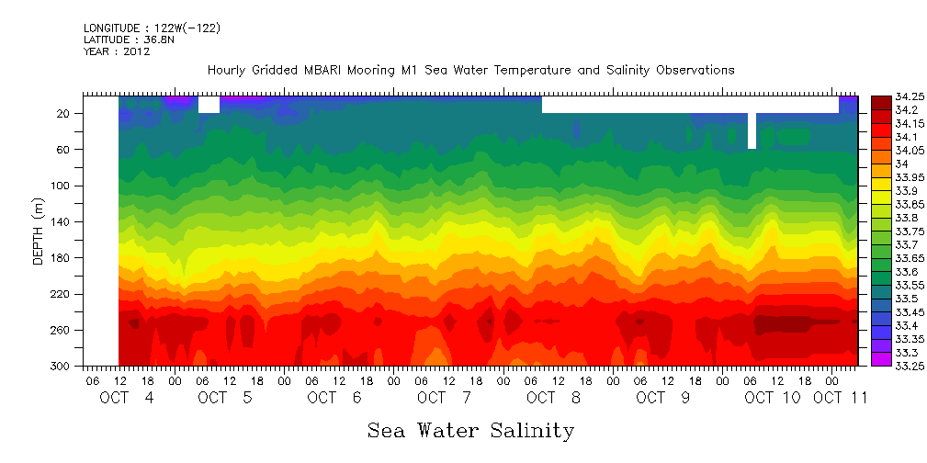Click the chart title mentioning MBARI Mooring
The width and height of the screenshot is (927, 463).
tap(470, 70)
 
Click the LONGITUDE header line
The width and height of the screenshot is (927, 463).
tap(152, 28)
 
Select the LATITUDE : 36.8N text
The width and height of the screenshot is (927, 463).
tap(128, 40)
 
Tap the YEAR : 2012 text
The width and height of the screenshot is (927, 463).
tap(117, 51)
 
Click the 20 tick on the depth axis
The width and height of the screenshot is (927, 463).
tap(64, 113)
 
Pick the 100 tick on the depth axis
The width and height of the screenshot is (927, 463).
tap(62, 186)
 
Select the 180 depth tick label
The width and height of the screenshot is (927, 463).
tap(62, 258)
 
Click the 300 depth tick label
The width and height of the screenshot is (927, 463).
tap(62, 366)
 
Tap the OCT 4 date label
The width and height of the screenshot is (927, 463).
tap(128, 398)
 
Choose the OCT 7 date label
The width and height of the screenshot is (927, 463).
tap(444, 398)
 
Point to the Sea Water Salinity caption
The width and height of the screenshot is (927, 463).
tap(470, 430)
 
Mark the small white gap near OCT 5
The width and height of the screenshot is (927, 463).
tap(209, 104)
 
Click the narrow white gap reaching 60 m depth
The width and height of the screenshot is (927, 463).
tap(752, 130)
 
